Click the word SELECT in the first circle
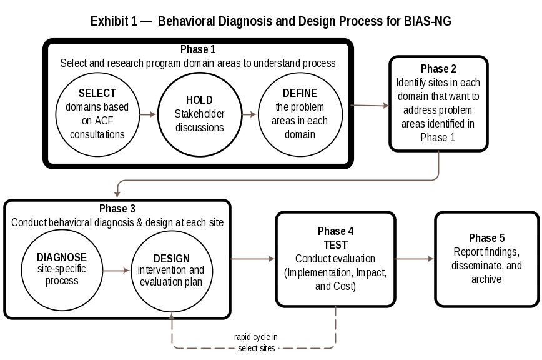[x=97, y=94]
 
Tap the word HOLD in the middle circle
[x=199, y=100]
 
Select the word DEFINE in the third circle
[x=300, y=93]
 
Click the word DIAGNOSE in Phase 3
[x=62, y=257]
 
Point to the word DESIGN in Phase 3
[x=172, y=259]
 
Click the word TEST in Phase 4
[x=336, y=245]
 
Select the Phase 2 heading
[x=439, y=69]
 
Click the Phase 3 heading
[x=117, y=209]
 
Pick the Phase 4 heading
[x=336, y=231]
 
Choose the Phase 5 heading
[x=487, y=239]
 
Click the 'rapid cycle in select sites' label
[x=256, y=342]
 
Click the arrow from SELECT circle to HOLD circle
[x=147, y=115]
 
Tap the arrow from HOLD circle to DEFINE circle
[x=250, y=115]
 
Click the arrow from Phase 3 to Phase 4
[x=253, y=258]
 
